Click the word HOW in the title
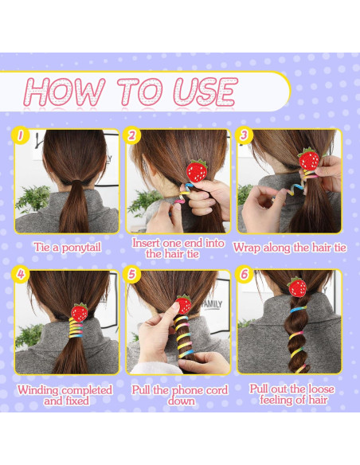(x=65, y=92)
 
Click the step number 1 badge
(x=22, y=136)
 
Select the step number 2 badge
(x=133, y=136)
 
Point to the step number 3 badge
(x=245, y=136)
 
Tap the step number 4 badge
(x=22, y=276)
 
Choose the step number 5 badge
(x=133, y=276)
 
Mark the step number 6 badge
(x=245, y=276)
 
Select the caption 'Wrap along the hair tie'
(x=290, y=248)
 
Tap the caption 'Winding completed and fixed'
(x=67, y=396)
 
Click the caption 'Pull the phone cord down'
(x=178, y=396)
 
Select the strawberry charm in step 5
(x=183, y=304)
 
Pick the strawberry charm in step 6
(x=298, y=287)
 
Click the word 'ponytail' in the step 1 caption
(x=82, y=248)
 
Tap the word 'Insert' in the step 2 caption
(x=150, y=243)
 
